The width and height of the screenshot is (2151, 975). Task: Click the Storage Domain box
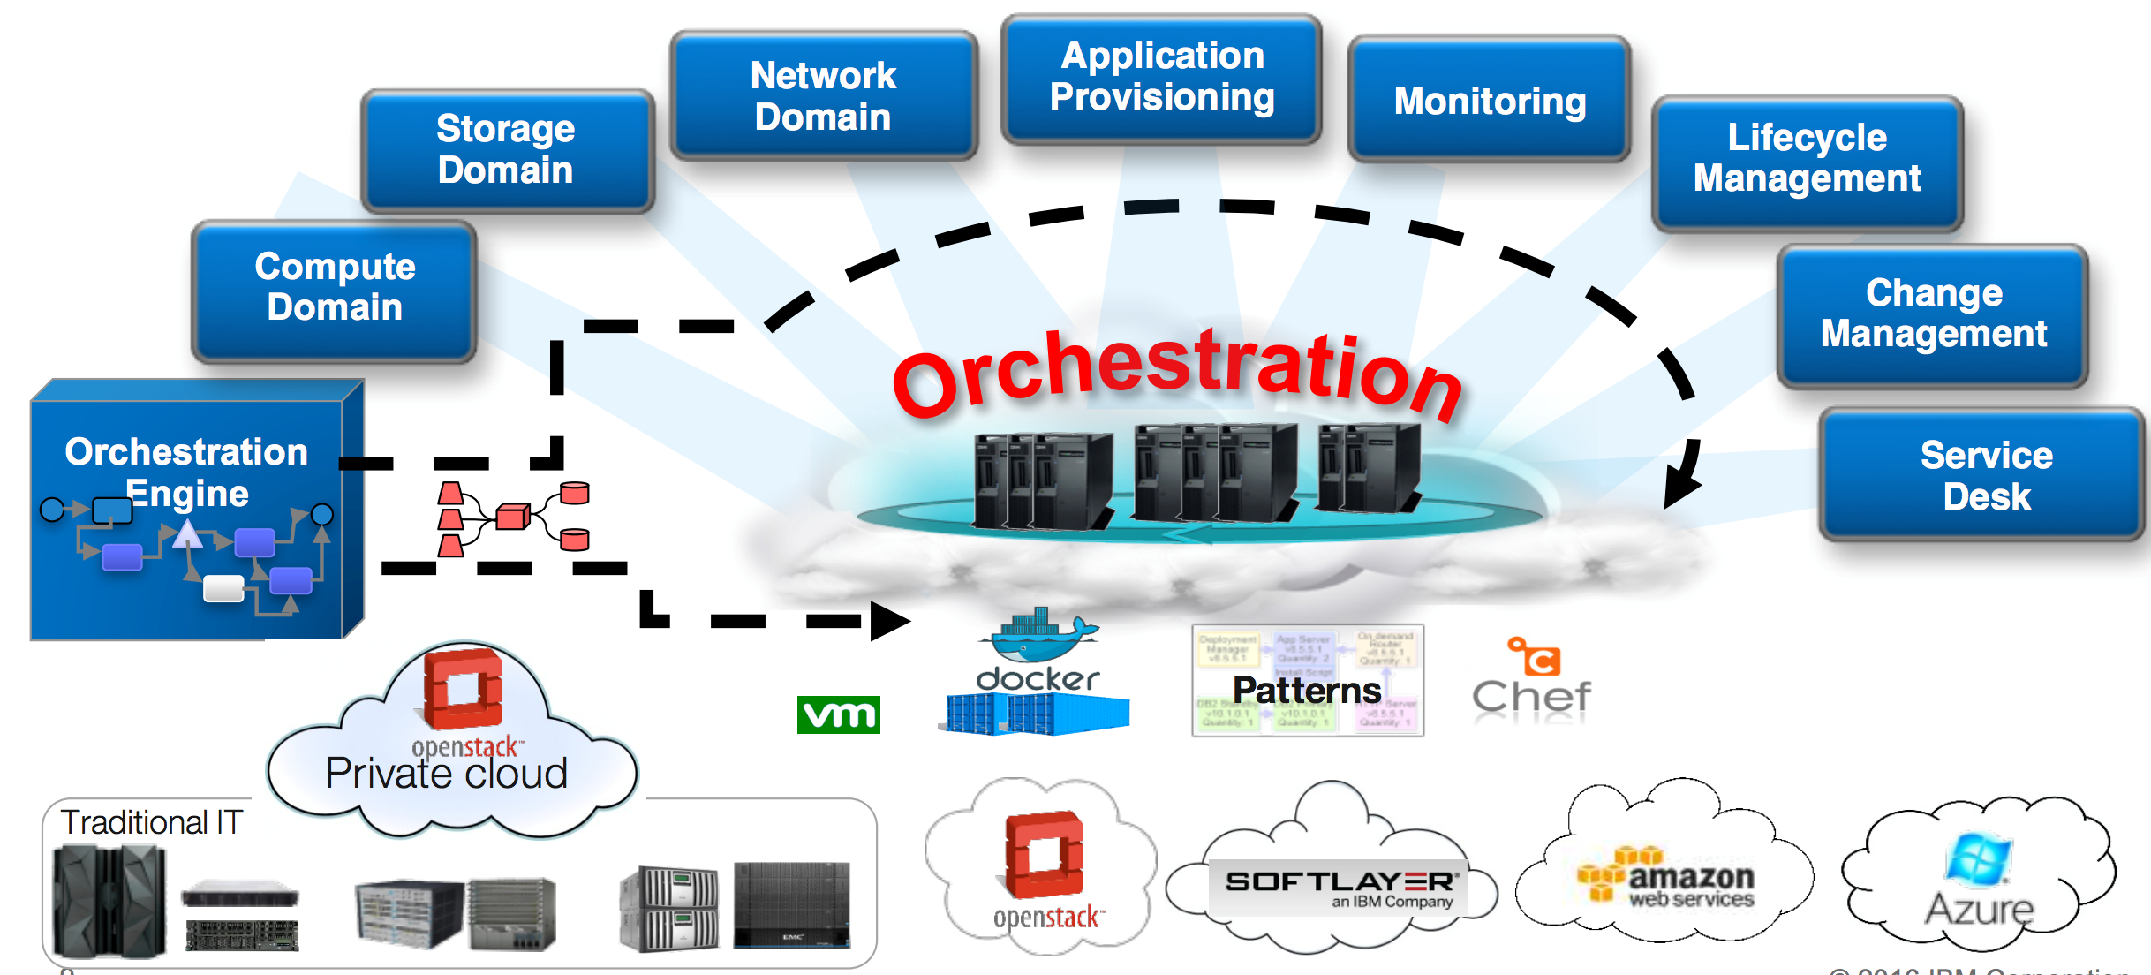click(x=507, y=150)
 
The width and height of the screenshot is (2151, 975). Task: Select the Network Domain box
click(x=823, y=96)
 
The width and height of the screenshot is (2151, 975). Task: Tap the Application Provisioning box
click(x=1161, y=77)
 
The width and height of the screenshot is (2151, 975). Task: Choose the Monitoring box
click(x=1490, y=101)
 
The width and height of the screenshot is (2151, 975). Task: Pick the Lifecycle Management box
click(x=1807, y=159)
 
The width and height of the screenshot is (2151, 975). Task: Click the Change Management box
click(x=1933, y=314)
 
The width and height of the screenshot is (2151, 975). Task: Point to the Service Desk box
click(x=1986, y=475)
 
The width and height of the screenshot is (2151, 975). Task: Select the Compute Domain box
click(x=335, y=288)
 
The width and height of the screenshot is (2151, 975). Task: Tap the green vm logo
click(x=838, y=714)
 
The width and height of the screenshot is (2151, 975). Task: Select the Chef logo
click(x=1532, y=680)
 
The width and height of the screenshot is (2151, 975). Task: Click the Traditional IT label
click(x=151, y=822)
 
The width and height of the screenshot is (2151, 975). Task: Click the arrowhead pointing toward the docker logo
click(x=888, y=621)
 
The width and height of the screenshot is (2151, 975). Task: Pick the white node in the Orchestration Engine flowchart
click(x=223, y=588)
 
